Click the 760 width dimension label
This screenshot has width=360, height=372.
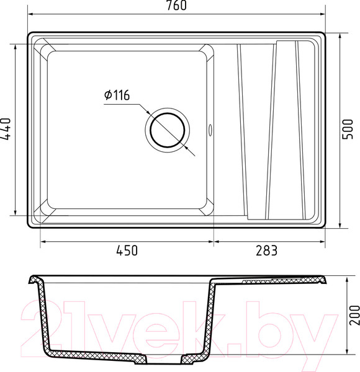(177, 6)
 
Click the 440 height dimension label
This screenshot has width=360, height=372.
(6, 129)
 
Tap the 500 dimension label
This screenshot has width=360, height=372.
(348, 130)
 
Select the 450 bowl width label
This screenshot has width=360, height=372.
(127, 250)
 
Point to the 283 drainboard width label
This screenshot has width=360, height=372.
(266, 250)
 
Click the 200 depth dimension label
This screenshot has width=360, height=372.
(355, 315)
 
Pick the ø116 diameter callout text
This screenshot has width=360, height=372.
(117, 95)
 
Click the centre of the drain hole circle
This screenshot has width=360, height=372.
(168, 130)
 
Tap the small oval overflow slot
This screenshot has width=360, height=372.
(210, 130)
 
